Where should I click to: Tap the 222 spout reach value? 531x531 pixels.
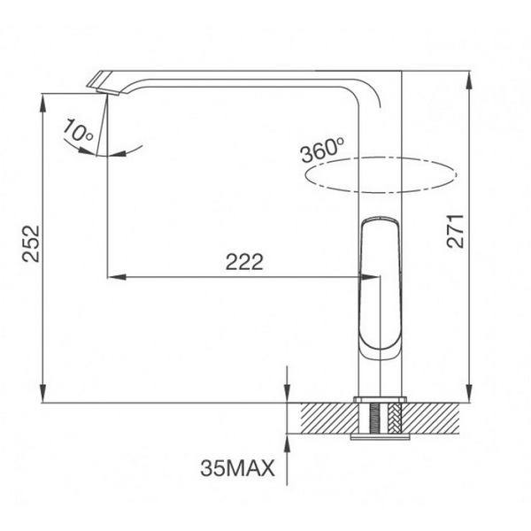245,262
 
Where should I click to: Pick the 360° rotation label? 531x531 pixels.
322,150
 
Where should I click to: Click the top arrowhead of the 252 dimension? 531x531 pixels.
43,98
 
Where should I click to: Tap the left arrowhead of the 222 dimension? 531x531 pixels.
114,277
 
